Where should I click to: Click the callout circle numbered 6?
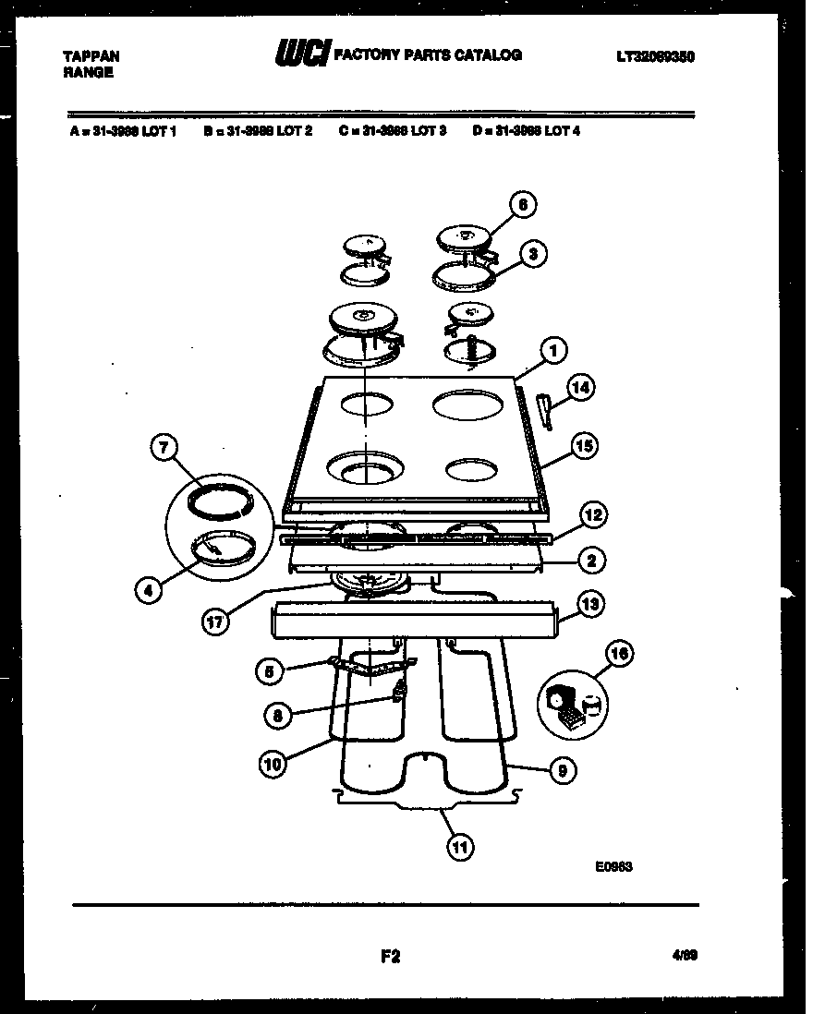523,205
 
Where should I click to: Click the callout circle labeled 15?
583,446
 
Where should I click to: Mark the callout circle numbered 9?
562,769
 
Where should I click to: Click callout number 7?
163,450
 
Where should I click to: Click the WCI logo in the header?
301,56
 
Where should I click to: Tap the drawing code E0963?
614,866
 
